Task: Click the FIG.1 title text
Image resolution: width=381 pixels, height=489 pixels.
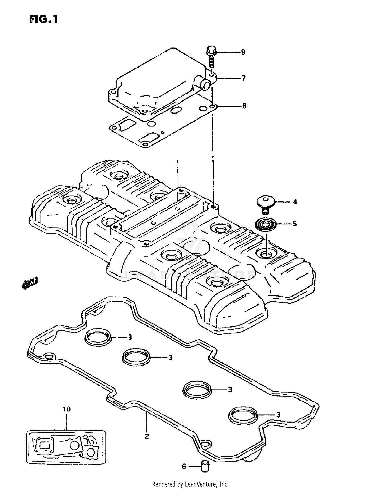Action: click(x=43, y=19)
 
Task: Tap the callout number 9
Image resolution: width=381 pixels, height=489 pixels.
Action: click(x=243, y=52)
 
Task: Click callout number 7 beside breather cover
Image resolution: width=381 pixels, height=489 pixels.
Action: click(x=243, y=78)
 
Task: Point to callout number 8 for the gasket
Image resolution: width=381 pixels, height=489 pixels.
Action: click(x=244, y=106)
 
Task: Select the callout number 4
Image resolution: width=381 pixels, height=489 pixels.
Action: click(x=295, y=202)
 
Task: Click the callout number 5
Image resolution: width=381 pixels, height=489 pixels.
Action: click(x=294, y=224)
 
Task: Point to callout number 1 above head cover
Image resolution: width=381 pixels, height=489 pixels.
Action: click(x=178, y=162)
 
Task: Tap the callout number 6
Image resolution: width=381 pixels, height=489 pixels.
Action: click(x=184, y=466)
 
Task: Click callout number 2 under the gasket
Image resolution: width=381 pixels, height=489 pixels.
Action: click(x=147, y=436)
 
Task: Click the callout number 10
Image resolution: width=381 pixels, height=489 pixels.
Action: click(x=67, y=409)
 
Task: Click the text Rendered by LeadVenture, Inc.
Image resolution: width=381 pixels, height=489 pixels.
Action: click(x=190, y=484)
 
